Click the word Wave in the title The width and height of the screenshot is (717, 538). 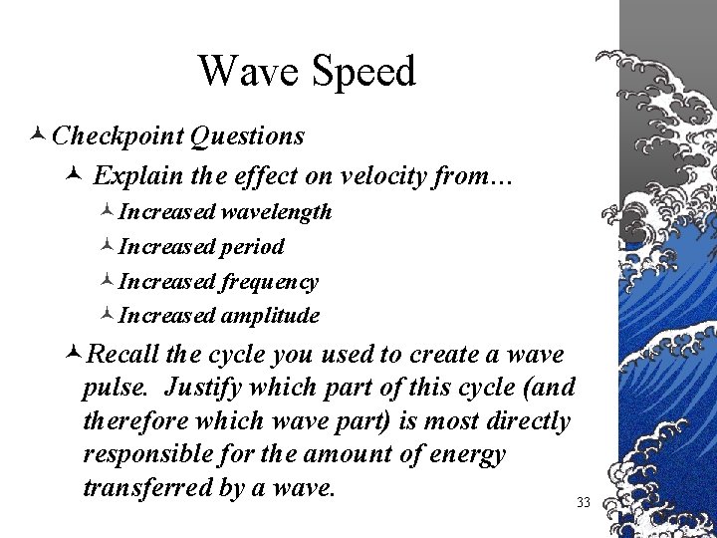(x=247, y=71)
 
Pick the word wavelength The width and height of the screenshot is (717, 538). (x=276, y=212)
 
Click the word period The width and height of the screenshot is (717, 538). (x=251, y=247)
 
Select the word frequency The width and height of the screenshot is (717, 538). (x=269, y=282)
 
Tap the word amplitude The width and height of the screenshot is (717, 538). (x=270, y=316)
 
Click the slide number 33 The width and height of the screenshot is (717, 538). (x=584, y=503)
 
